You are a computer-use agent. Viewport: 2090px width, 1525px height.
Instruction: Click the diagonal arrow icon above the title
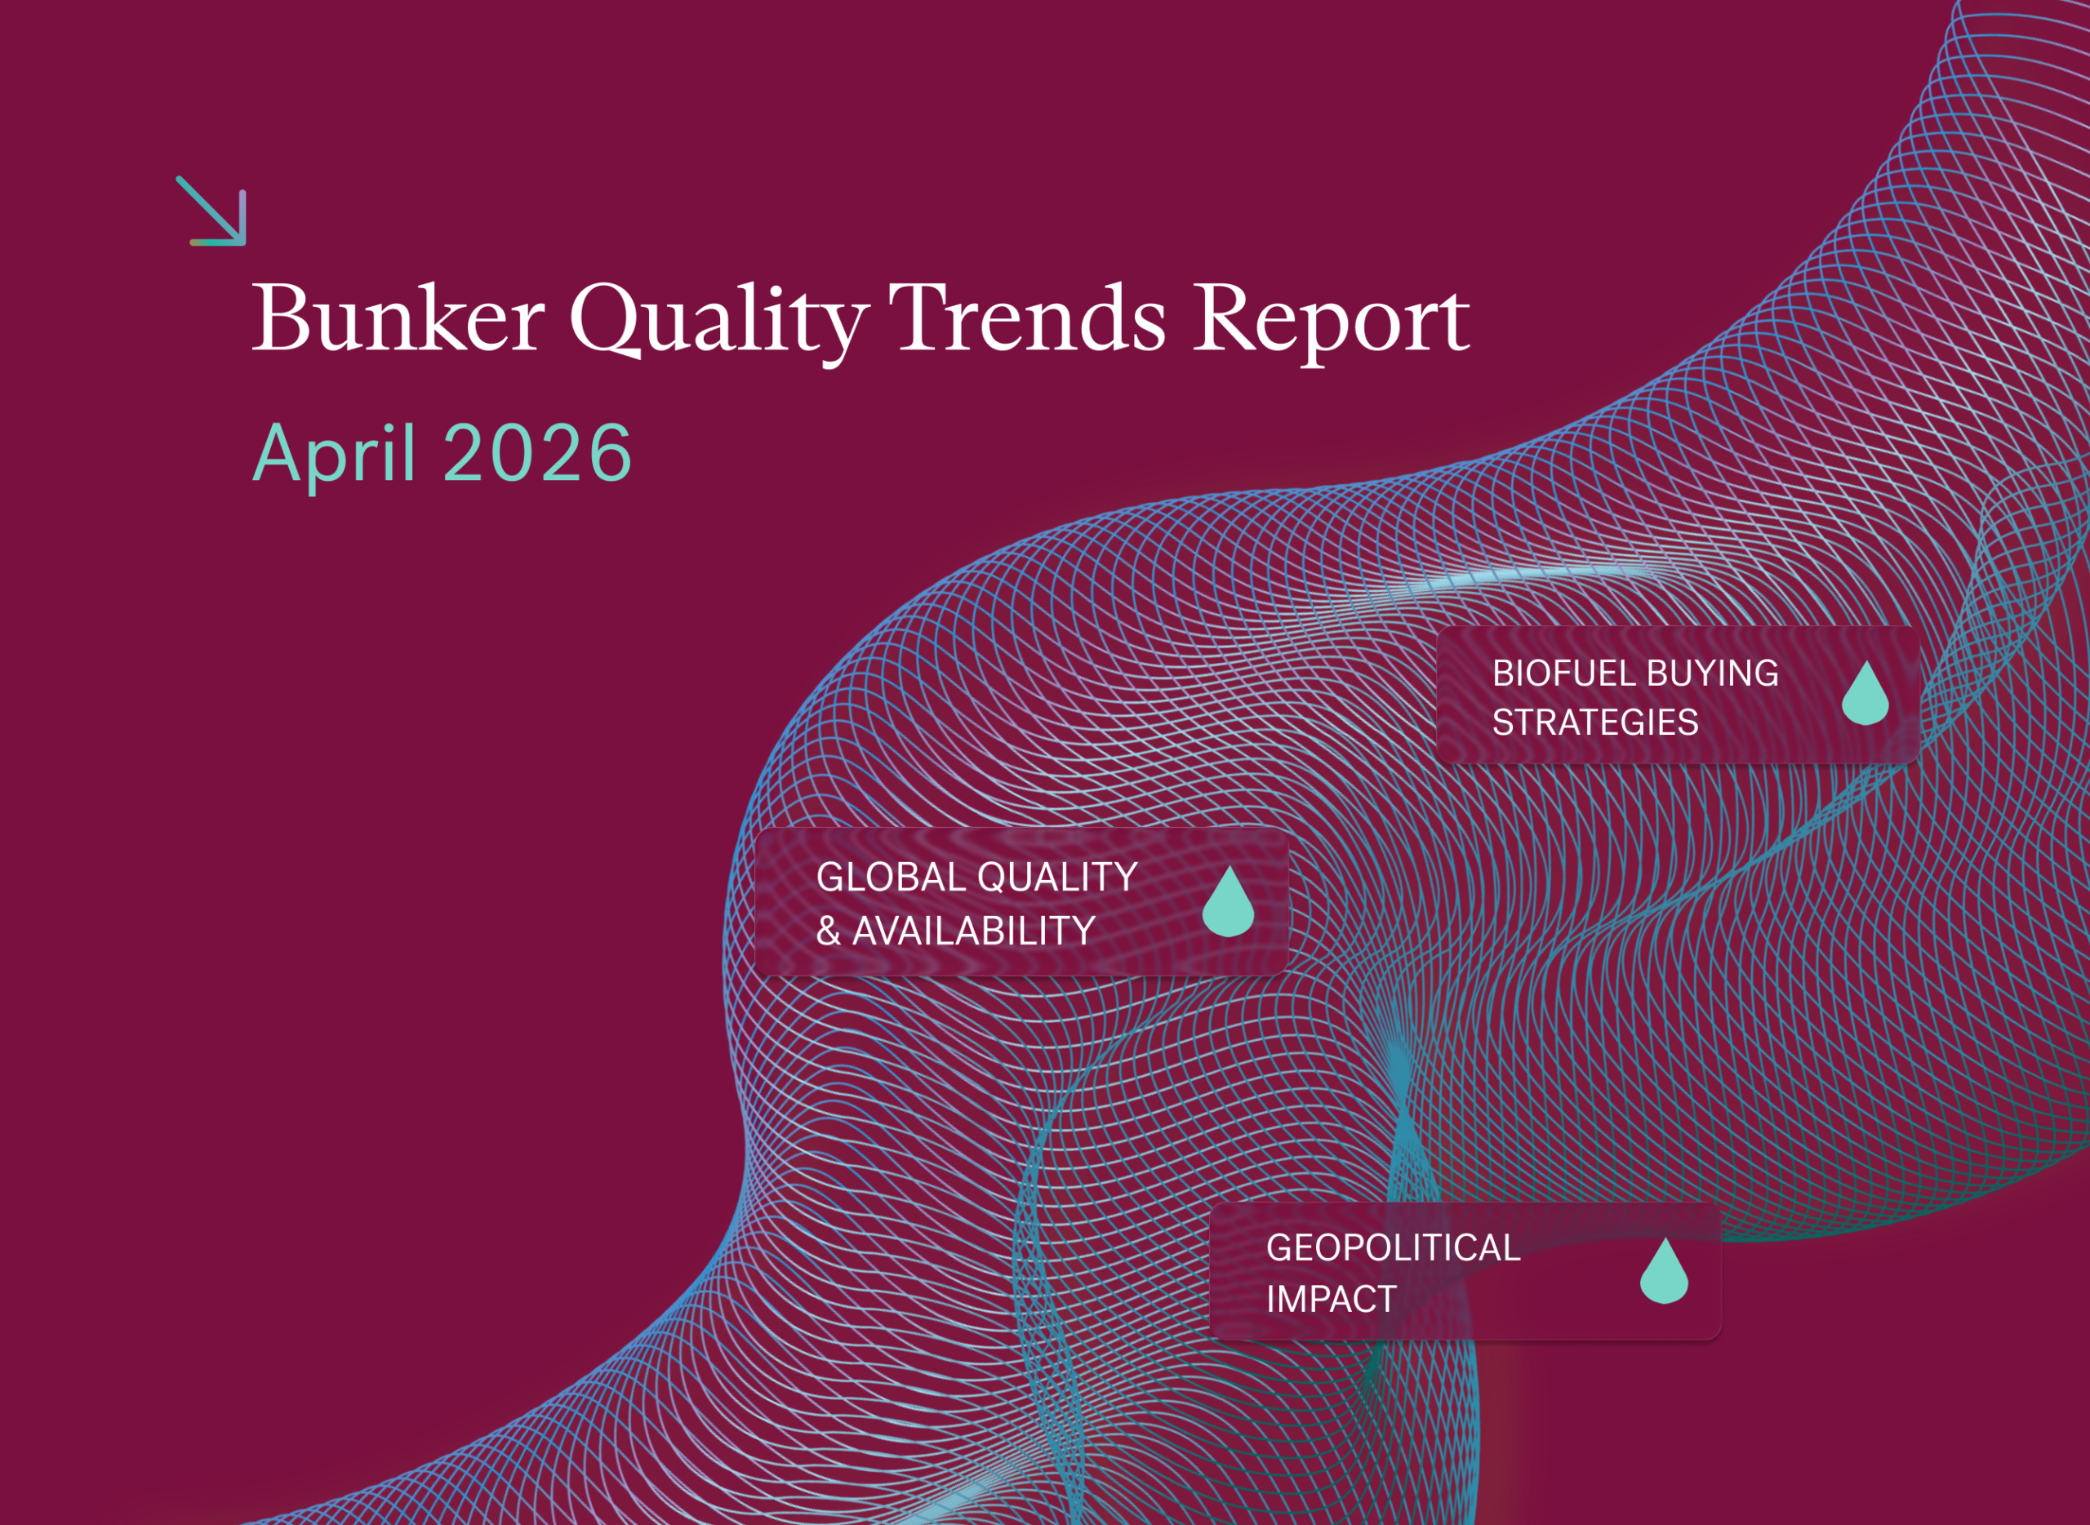pos(211,211)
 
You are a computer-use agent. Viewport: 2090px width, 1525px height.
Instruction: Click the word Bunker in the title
pos(398,319)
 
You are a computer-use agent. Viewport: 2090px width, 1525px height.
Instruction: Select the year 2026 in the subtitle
pos(537,453)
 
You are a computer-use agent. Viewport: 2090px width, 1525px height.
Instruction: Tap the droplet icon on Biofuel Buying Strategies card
pos(1865,694)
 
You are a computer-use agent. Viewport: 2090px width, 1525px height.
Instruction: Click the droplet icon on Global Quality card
pos(1228,902)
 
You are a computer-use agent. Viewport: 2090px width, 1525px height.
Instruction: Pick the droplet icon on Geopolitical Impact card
pos(1664,1271)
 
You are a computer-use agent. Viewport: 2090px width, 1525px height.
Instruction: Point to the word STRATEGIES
pos(1594,722)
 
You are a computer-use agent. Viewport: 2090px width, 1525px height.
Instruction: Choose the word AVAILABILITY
pos(973,931)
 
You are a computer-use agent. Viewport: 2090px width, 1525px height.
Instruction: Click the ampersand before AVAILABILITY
pos(828,931)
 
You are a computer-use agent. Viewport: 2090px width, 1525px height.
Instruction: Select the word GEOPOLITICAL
pos(1392,1248)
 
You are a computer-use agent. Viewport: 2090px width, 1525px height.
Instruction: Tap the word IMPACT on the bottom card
pos(1330,1300)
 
